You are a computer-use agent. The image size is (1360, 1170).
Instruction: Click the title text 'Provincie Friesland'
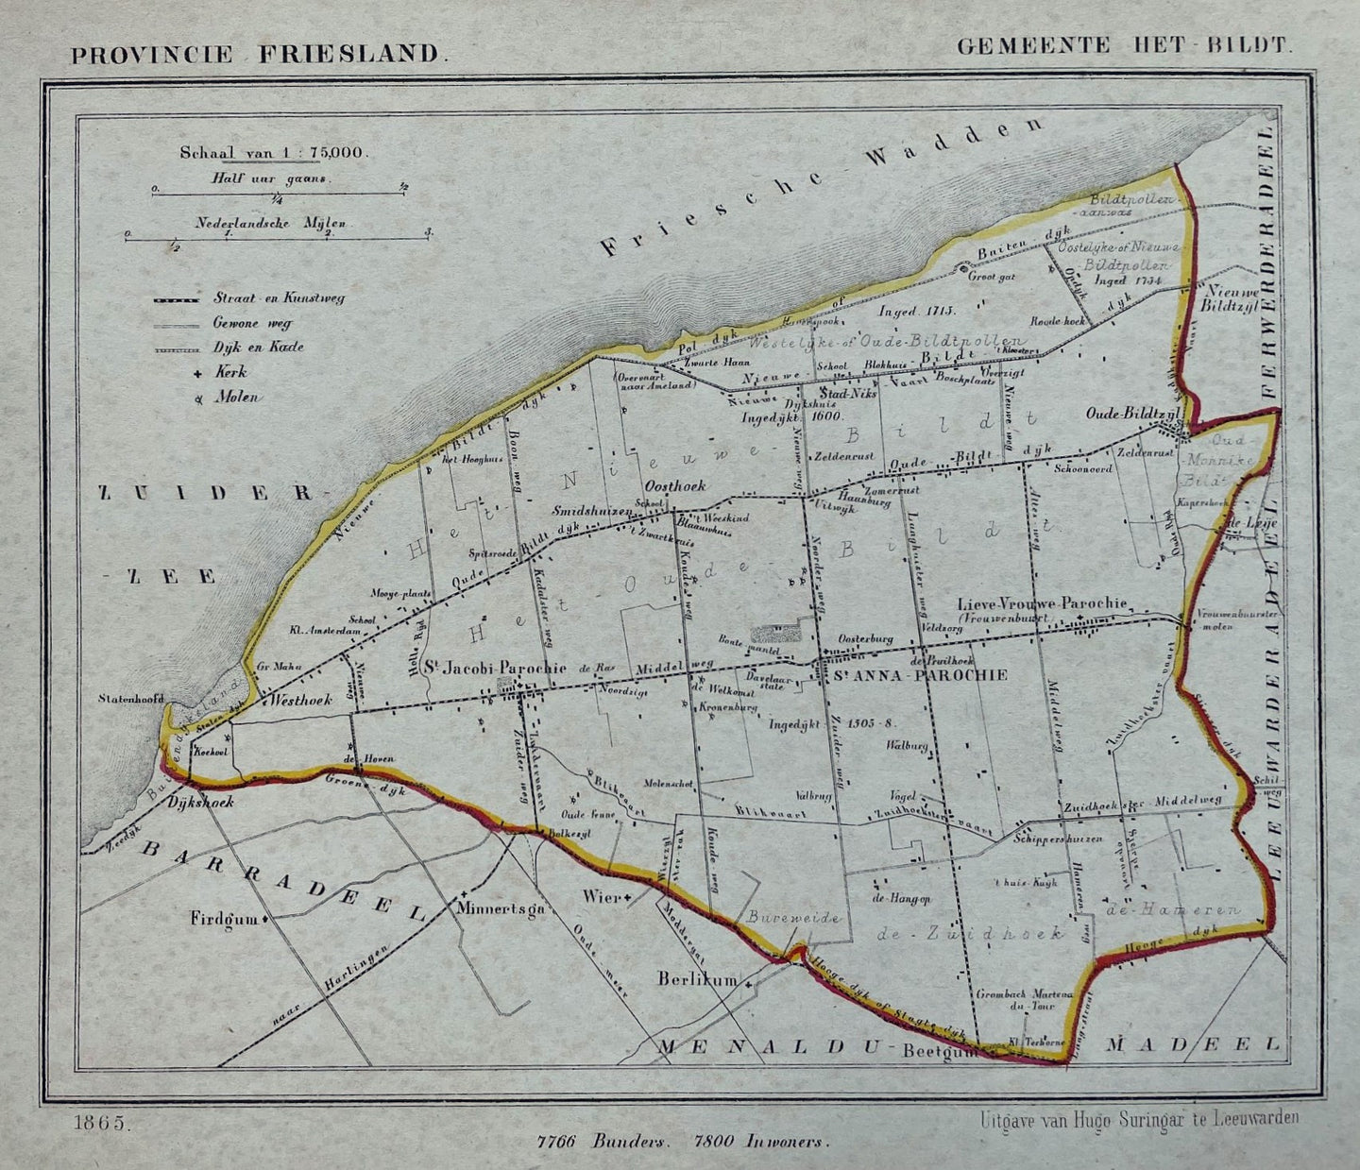[x=255, y=52]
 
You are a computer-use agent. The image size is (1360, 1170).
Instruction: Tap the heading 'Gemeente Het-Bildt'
[x=1123, y=45]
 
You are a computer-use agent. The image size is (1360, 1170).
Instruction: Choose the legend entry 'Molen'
[x=236, y=398]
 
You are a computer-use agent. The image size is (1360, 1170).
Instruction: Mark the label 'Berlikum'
[x=698, y=980]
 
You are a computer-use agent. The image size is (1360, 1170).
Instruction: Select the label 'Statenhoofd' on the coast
[x=130, y=700]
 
